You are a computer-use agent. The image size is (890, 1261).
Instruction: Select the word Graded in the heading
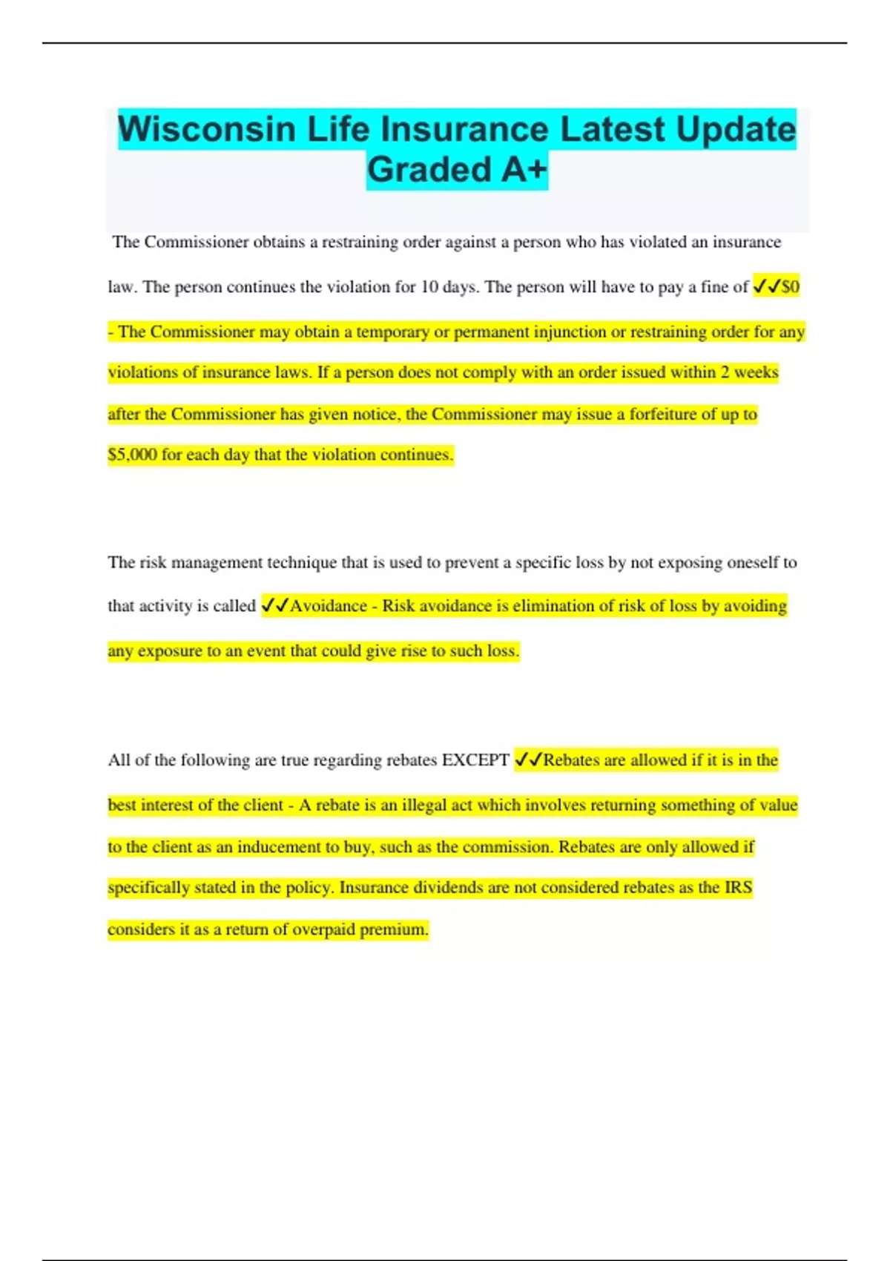pyautogui.click(x=429, y=170)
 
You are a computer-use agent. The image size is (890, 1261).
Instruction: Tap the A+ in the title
pyautogui.click(x=524, y=170)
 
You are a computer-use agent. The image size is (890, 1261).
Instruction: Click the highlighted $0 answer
pyautogui.click(x=791, y=287)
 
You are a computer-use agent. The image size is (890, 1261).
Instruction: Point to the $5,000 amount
pyautogui.click(x=132, y=455)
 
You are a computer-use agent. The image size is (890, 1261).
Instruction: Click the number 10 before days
pyautogui.click(x=429, y=287)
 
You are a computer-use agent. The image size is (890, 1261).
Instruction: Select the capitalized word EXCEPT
pyautogui.click(x=475, y=760)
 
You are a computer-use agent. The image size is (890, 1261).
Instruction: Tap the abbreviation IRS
pyautogui.click(x=738, y=888)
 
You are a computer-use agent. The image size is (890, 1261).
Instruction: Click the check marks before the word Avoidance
pyautogui.click(x=274, y=606)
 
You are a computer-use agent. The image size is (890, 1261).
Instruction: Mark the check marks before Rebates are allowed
pyautogui.click(x=528, y=760)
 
